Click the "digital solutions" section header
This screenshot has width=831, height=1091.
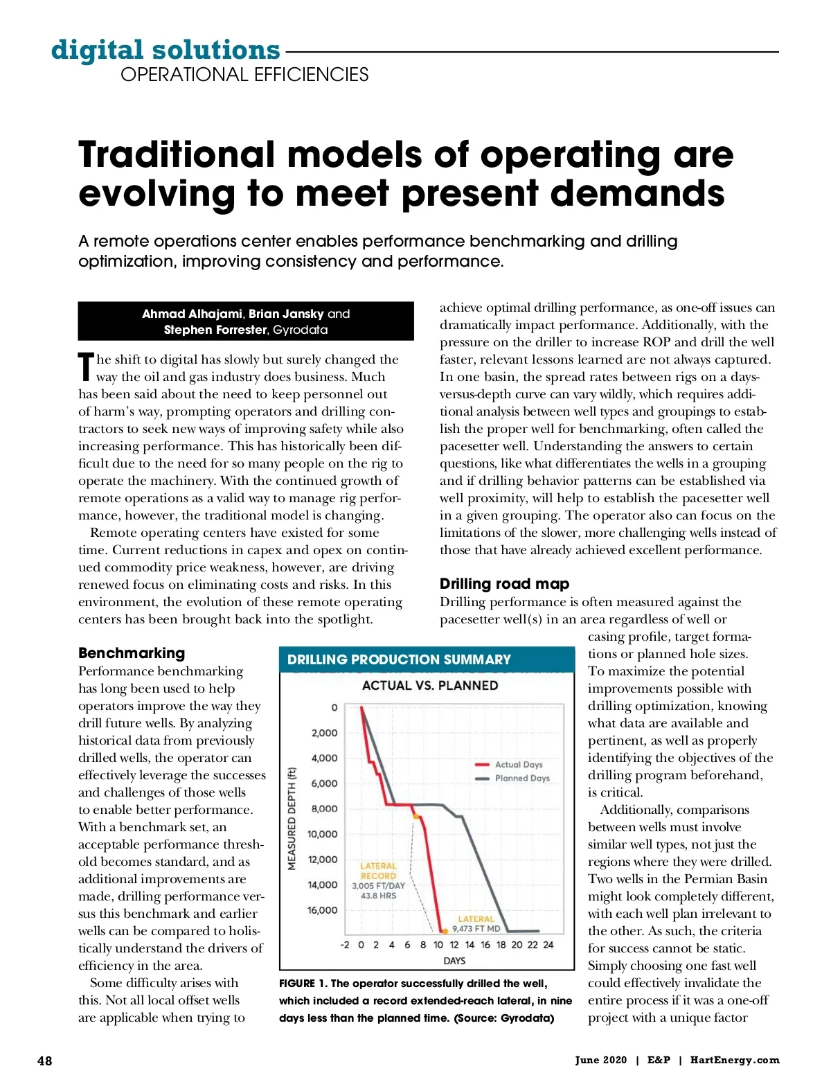pyautogui.click(x=166, y=50)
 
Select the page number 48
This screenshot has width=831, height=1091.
pyautogui.click(x=44, y=1061)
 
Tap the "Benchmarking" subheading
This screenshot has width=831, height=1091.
pyautogui.click(x=132, y=653)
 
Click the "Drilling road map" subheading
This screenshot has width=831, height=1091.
pyautogui.click(x=504, y=583)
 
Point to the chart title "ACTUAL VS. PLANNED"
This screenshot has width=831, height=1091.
pyautogui.click(x=430, y=685)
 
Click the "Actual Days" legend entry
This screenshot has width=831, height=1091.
pyautogui.click(x=518, y=764)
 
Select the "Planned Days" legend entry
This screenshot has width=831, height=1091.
pyautogui.click(x=521, y=778)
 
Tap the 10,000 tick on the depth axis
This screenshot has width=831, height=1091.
pyautogui.click(x=323, y=834)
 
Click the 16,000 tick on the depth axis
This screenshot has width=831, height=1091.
pyautogui.click(x=323, y=910)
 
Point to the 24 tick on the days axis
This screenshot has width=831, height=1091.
pyautogui.click(x=548, y=944)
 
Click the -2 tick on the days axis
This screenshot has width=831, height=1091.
pyautogui.click(x=345, y=944)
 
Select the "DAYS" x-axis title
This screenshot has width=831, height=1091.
pyautogui.click(x=454, y=961)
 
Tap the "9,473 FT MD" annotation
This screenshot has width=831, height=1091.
pyautogui.click(x=476, y=928)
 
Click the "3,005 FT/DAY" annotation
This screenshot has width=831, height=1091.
pyautogui.click(x=378, y=885)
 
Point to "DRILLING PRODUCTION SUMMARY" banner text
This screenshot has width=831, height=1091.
pyautogui.click(x=399, y=659)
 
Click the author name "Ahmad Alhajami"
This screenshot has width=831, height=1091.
pyautogui.click(x=192, y=314)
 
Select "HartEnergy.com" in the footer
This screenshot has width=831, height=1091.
pyautogui.click(x=735, y=1060)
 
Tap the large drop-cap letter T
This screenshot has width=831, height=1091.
pyautogui.click(x=86, y=366)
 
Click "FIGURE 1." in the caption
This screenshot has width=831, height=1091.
pyautogui.click(x=303, y=984)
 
